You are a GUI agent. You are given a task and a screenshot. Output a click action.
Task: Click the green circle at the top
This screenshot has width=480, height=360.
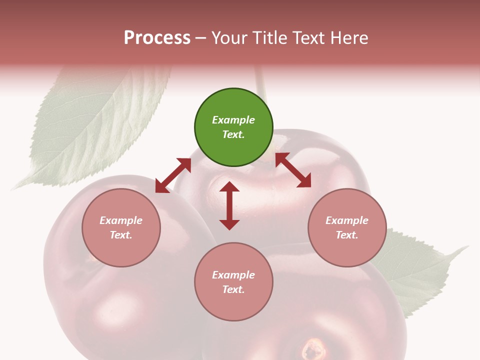pos(233,127)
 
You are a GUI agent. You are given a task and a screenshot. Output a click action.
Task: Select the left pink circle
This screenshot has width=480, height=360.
pos(121,227)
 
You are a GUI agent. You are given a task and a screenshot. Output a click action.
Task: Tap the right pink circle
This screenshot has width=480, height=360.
pos(347,227)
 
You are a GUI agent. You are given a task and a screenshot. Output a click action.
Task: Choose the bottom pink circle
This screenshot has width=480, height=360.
pos(233,282)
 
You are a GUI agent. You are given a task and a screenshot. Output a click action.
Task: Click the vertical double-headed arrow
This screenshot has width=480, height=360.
pos(229,205)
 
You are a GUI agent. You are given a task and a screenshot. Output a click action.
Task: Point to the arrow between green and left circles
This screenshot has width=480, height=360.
pos(173,175)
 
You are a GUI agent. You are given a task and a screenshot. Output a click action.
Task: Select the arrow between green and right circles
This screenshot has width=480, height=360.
pos(293,170)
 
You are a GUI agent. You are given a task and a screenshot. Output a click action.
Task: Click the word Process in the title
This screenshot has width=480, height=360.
pos(157,37)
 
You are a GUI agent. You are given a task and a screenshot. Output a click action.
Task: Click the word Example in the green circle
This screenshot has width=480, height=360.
pos(233,120)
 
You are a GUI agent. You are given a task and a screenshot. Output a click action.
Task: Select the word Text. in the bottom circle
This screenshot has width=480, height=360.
pos(233,289)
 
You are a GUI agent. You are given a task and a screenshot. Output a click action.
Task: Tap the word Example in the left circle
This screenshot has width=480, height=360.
pos(121,220)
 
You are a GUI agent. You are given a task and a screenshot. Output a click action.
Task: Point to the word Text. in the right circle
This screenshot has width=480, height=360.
pos(347,235)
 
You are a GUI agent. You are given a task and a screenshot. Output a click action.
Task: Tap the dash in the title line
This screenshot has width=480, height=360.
pos(201,37)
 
